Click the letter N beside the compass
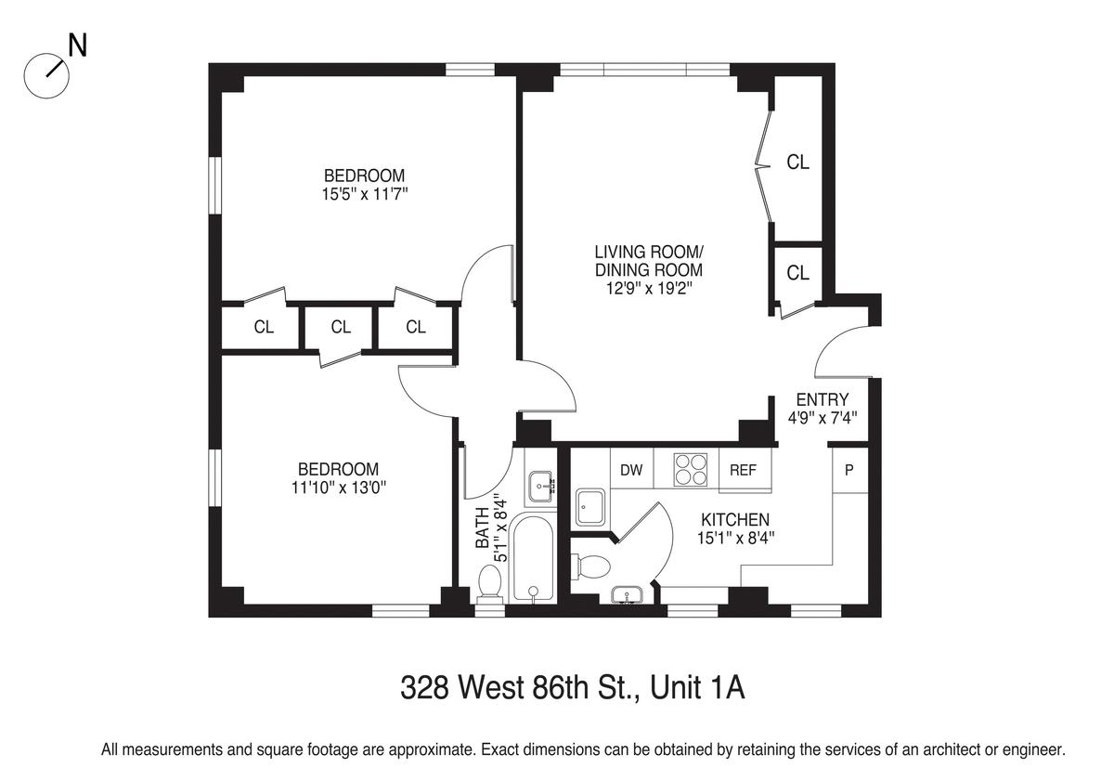click(78, 46)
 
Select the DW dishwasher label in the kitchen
click(631, 470)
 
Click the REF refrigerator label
click(743, 470)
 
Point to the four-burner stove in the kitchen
click(691, 470)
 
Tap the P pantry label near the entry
click(849, 470)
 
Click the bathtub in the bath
click(533, 559)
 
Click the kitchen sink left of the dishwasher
click(590, 507)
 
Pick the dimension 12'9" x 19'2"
click(649, 289)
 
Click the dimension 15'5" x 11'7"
click(365, 194)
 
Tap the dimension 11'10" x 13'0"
click(339, 488)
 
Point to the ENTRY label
click(823, 399)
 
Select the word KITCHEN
click(735, 520)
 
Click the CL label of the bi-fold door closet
click(797, 163)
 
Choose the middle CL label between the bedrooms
click(341, 327)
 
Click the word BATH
click(483, 527)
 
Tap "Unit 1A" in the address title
click(698, 687)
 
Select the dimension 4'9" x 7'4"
click(823, 418)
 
